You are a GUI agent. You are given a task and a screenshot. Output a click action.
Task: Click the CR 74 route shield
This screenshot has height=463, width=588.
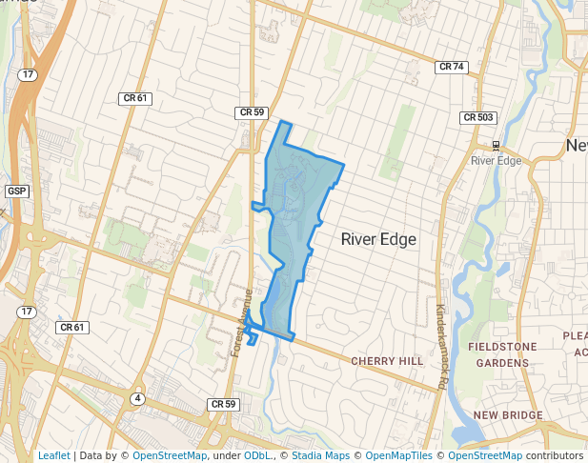[452, 67]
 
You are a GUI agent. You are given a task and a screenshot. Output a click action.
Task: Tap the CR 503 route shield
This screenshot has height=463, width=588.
[478, 117]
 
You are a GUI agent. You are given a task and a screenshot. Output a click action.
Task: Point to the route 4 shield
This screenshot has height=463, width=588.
[138, 398]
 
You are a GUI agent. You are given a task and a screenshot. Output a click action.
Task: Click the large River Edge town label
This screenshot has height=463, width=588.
[378, 239]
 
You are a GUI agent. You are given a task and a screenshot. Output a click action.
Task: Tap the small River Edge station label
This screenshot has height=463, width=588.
[497, 160]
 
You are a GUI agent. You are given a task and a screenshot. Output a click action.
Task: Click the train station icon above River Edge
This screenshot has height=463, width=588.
[496, 145]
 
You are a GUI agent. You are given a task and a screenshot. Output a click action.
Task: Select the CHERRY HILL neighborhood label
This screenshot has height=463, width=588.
[386, 361]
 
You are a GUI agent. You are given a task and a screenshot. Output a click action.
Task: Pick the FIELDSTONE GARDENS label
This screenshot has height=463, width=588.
[502, 354]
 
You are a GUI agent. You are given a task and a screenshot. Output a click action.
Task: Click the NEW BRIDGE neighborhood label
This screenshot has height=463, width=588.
[508, 415]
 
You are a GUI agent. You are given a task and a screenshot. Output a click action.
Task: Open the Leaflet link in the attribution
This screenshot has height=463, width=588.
[53, 455]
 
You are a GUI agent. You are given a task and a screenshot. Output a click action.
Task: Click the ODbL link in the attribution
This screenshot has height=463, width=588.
[257, 455]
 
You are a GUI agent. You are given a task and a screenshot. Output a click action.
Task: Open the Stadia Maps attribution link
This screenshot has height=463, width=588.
[319, 455]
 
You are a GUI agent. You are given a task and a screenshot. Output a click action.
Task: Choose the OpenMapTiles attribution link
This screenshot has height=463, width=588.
[400, 455]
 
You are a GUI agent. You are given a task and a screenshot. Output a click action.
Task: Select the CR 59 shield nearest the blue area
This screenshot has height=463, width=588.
[251, 112]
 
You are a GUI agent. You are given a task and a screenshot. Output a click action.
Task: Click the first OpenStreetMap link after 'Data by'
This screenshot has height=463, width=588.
[170, 455]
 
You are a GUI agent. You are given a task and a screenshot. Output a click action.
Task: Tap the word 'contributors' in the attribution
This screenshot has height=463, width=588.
[555, 455]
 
